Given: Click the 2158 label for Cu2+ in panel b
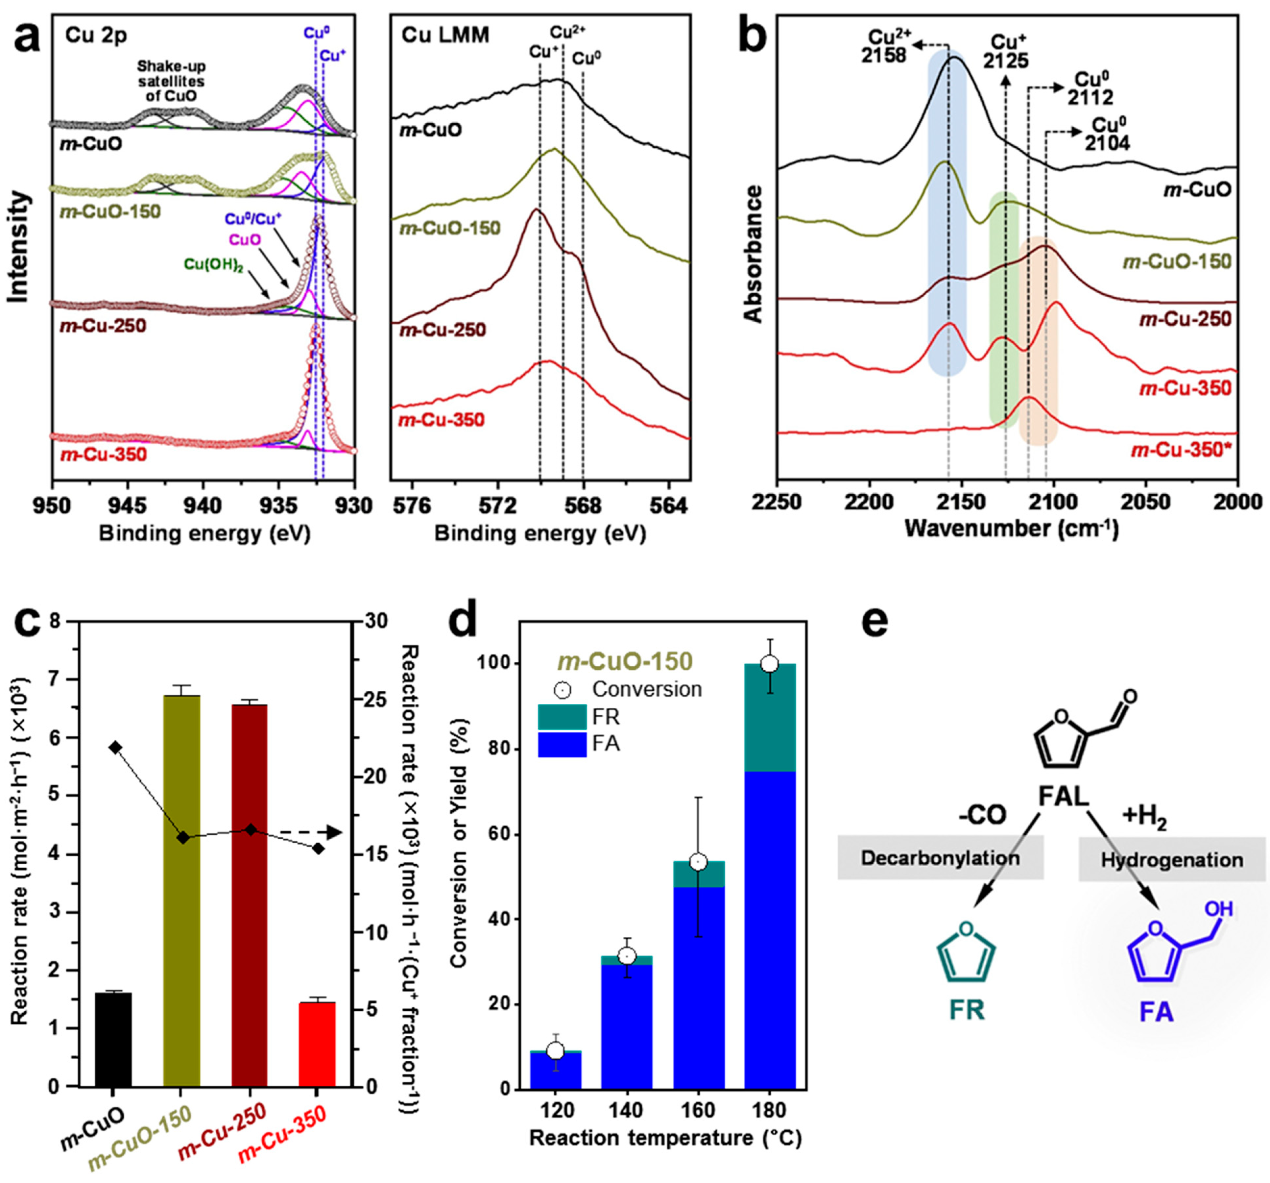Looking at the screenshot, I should (883, 56).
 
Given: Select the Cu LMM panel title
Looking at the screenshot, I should (445, 35).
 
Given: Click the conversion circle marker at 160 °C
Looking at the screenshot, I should (699, 862).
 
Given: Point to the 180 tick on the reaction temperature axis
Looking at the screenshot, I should (770, 1110).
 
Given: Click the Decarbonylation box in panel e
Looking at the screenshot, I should (940, 857).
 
